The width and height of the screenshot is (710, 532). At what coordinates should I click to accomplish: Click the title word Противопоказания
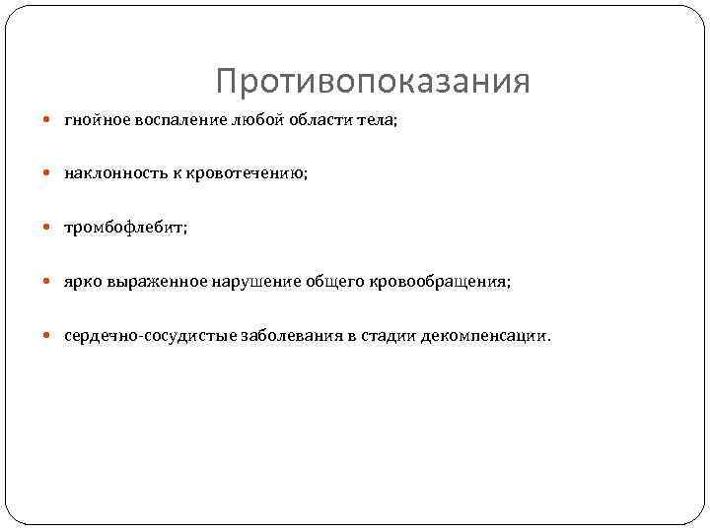pyautogui.click(x=372, y=81)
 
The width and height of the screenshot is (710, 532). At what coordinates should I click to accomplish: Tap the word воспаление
pyautogui.click(x=180, y=120)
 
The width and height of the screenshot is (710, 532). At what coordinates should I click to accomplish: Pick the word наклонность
pyautogui.click(x=115, y=173)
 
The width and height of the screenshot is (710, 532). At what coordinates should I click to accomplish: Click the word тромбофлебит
pyautogui.click(x=122, y=228)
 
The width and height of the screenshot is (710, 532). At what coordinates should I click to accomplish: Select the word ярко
pyautogui.click(x=82, y=282)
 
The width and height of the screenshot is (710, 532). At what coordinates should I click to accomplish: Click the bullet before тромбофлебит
pyautogui.click(x=50, y=228)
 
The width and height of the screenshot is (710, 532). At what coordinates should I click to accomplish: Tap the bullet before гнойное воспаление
pyautogui.click(x=50, y=120)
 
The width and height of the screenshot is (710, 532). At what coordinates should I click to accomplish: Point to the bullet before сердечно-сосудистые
pyautogui.click(x=50, y=336)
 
